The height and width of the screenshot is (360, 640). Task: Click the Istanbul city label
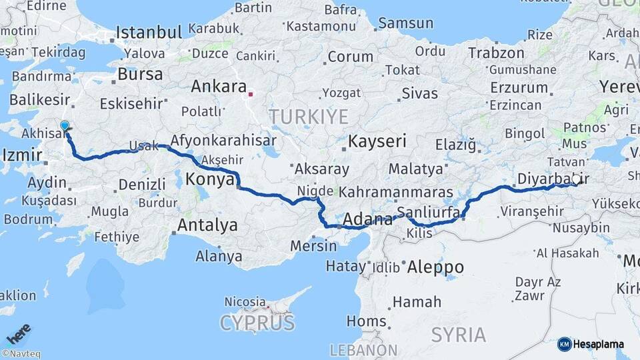pos(149,32)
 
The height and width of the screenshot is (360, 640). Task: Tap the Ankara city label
pos(219,87)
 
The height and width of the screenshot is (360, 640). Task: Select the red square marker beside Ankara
pos(251,94)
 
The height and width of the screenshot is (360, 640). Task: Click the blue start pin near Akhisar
pos(65,125)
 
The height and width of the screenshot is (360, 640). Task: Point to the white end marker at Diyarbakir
pos(576,179)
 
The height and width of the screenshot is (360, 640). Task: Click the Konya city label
pos(210,179)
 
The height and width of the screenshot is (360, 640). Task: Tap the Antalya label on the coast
pos(207,225)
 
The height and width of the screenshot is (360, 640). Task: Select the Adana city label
pos(368,219)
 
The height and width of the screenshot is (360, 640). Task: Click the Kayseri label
pos(377,141)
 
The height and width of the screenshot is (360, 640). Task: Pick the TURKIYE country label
pos(309,117)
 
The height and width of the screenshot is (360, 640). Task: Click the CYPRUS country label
pos(257,323)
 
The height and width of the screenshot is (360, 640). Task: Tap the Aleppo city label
pos(435,267)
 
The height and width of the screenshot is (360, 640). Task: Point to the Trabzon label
pos(496,53)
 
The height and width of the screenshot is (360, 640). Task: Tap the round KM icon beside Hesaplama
pos(564,345)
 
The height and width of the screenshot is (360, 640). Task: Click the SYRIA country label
pos(458,334)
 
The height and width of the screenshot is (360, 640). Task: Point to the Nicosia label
pos(245,301)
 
